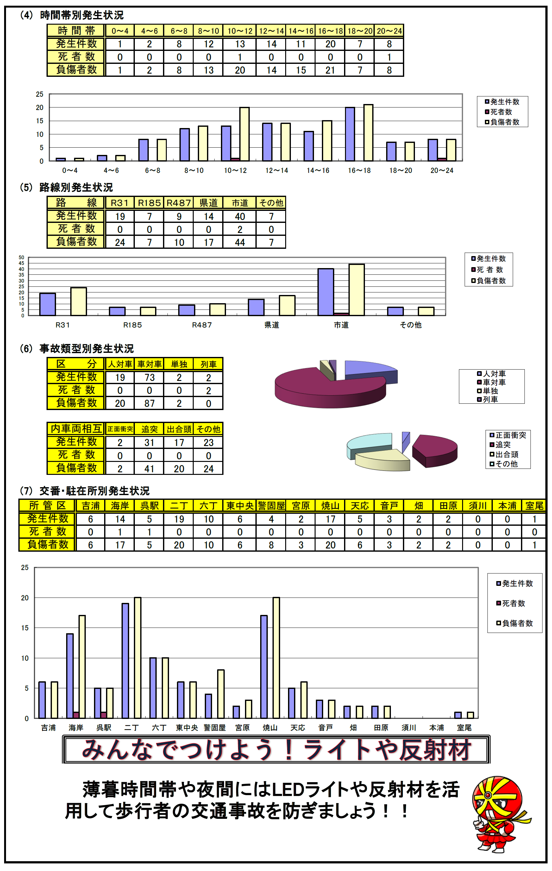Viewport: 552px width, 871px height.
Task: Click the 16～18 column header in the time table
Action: [330, 31]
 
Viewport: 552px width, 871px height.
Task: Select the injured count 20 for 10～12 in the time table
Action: [240, 70]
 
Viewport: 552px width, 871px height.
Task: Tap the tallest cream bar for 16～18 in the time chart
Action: [368, 132]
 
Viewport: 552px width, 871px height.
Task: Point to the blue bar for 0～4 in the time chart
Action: [60, 159]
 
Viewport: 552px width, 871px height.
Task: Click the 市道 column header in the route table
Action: [240, 203]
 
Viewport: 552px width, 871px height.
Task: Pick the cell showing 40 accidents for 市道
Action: [240, 216]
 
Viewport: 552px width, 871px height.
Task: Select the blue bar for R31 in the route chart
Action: [47, 304]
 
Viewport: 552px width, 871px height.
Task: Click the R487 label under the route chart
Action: [202, 325]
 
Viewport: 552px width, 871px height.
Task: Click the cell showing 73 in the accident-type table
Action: [149, 377]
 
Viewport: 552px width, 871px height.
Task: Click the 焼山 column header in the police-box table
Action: [330, 506]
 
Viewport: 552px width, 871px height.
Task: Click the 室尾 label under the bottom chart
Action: [464, 727]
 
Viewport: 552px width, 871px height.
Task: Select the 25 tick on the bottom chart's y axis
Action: [25, 567]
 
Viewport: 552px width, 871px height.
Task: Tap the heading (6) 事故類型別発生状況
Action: [87, 348]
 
